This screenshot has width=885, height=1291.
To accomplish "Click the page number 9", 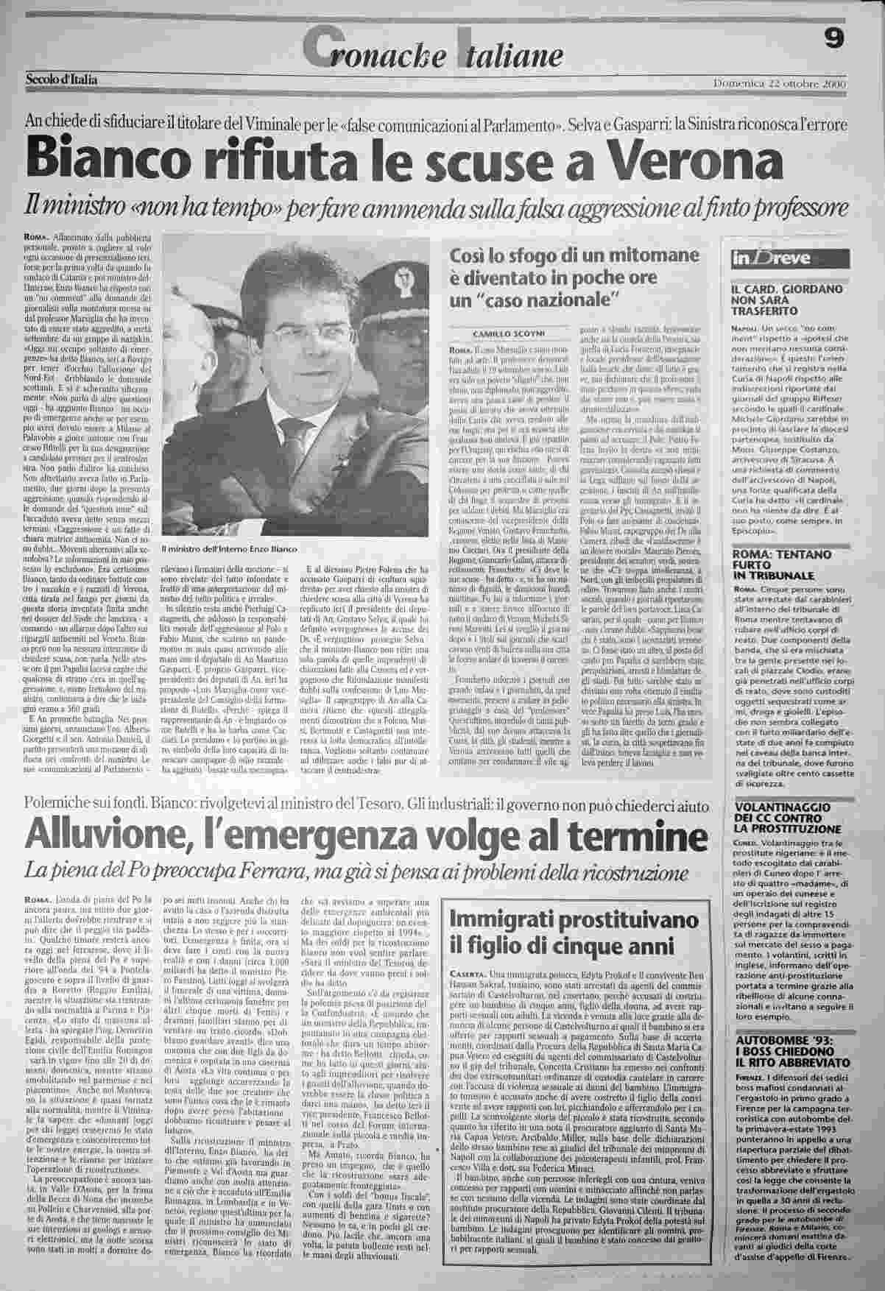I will (834, 42).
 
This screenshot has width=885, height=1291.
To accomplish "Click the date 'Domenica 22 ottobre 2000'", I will (780, 83).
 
